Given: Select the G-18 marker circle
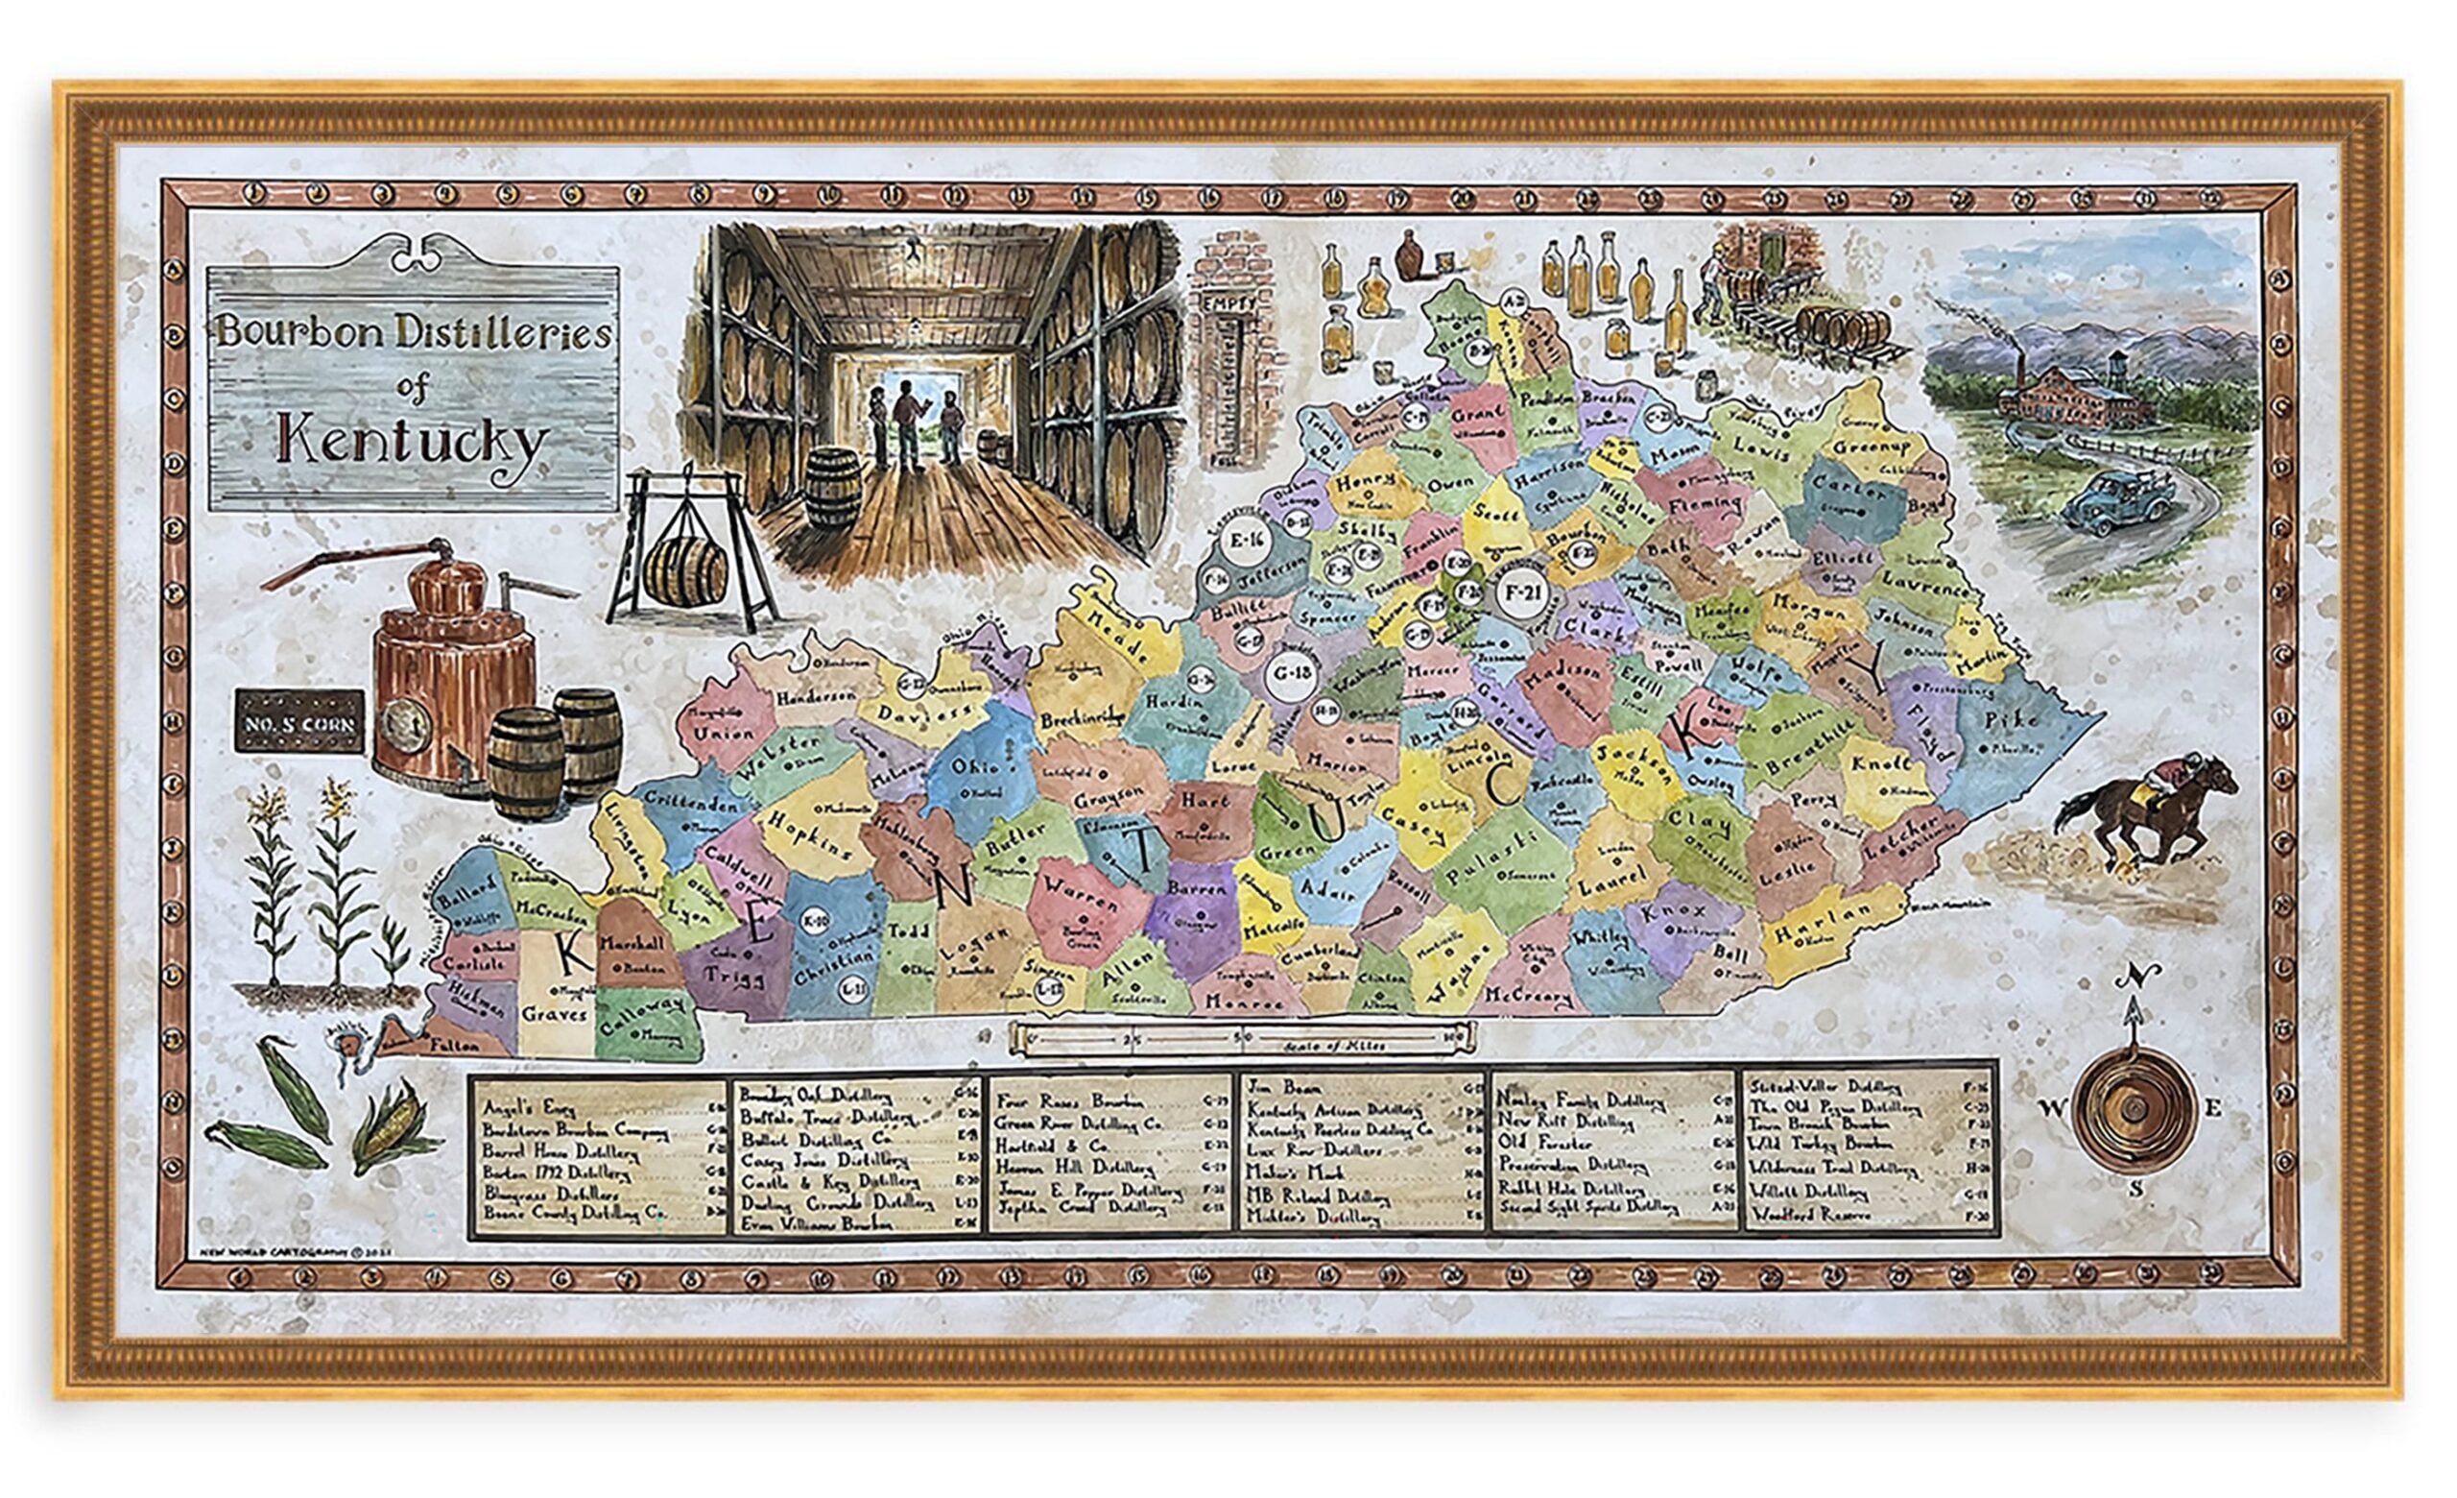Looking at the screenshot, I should (1291, 673).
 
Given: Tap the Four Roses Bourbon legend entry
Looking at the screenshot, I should (1047, 1101).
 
